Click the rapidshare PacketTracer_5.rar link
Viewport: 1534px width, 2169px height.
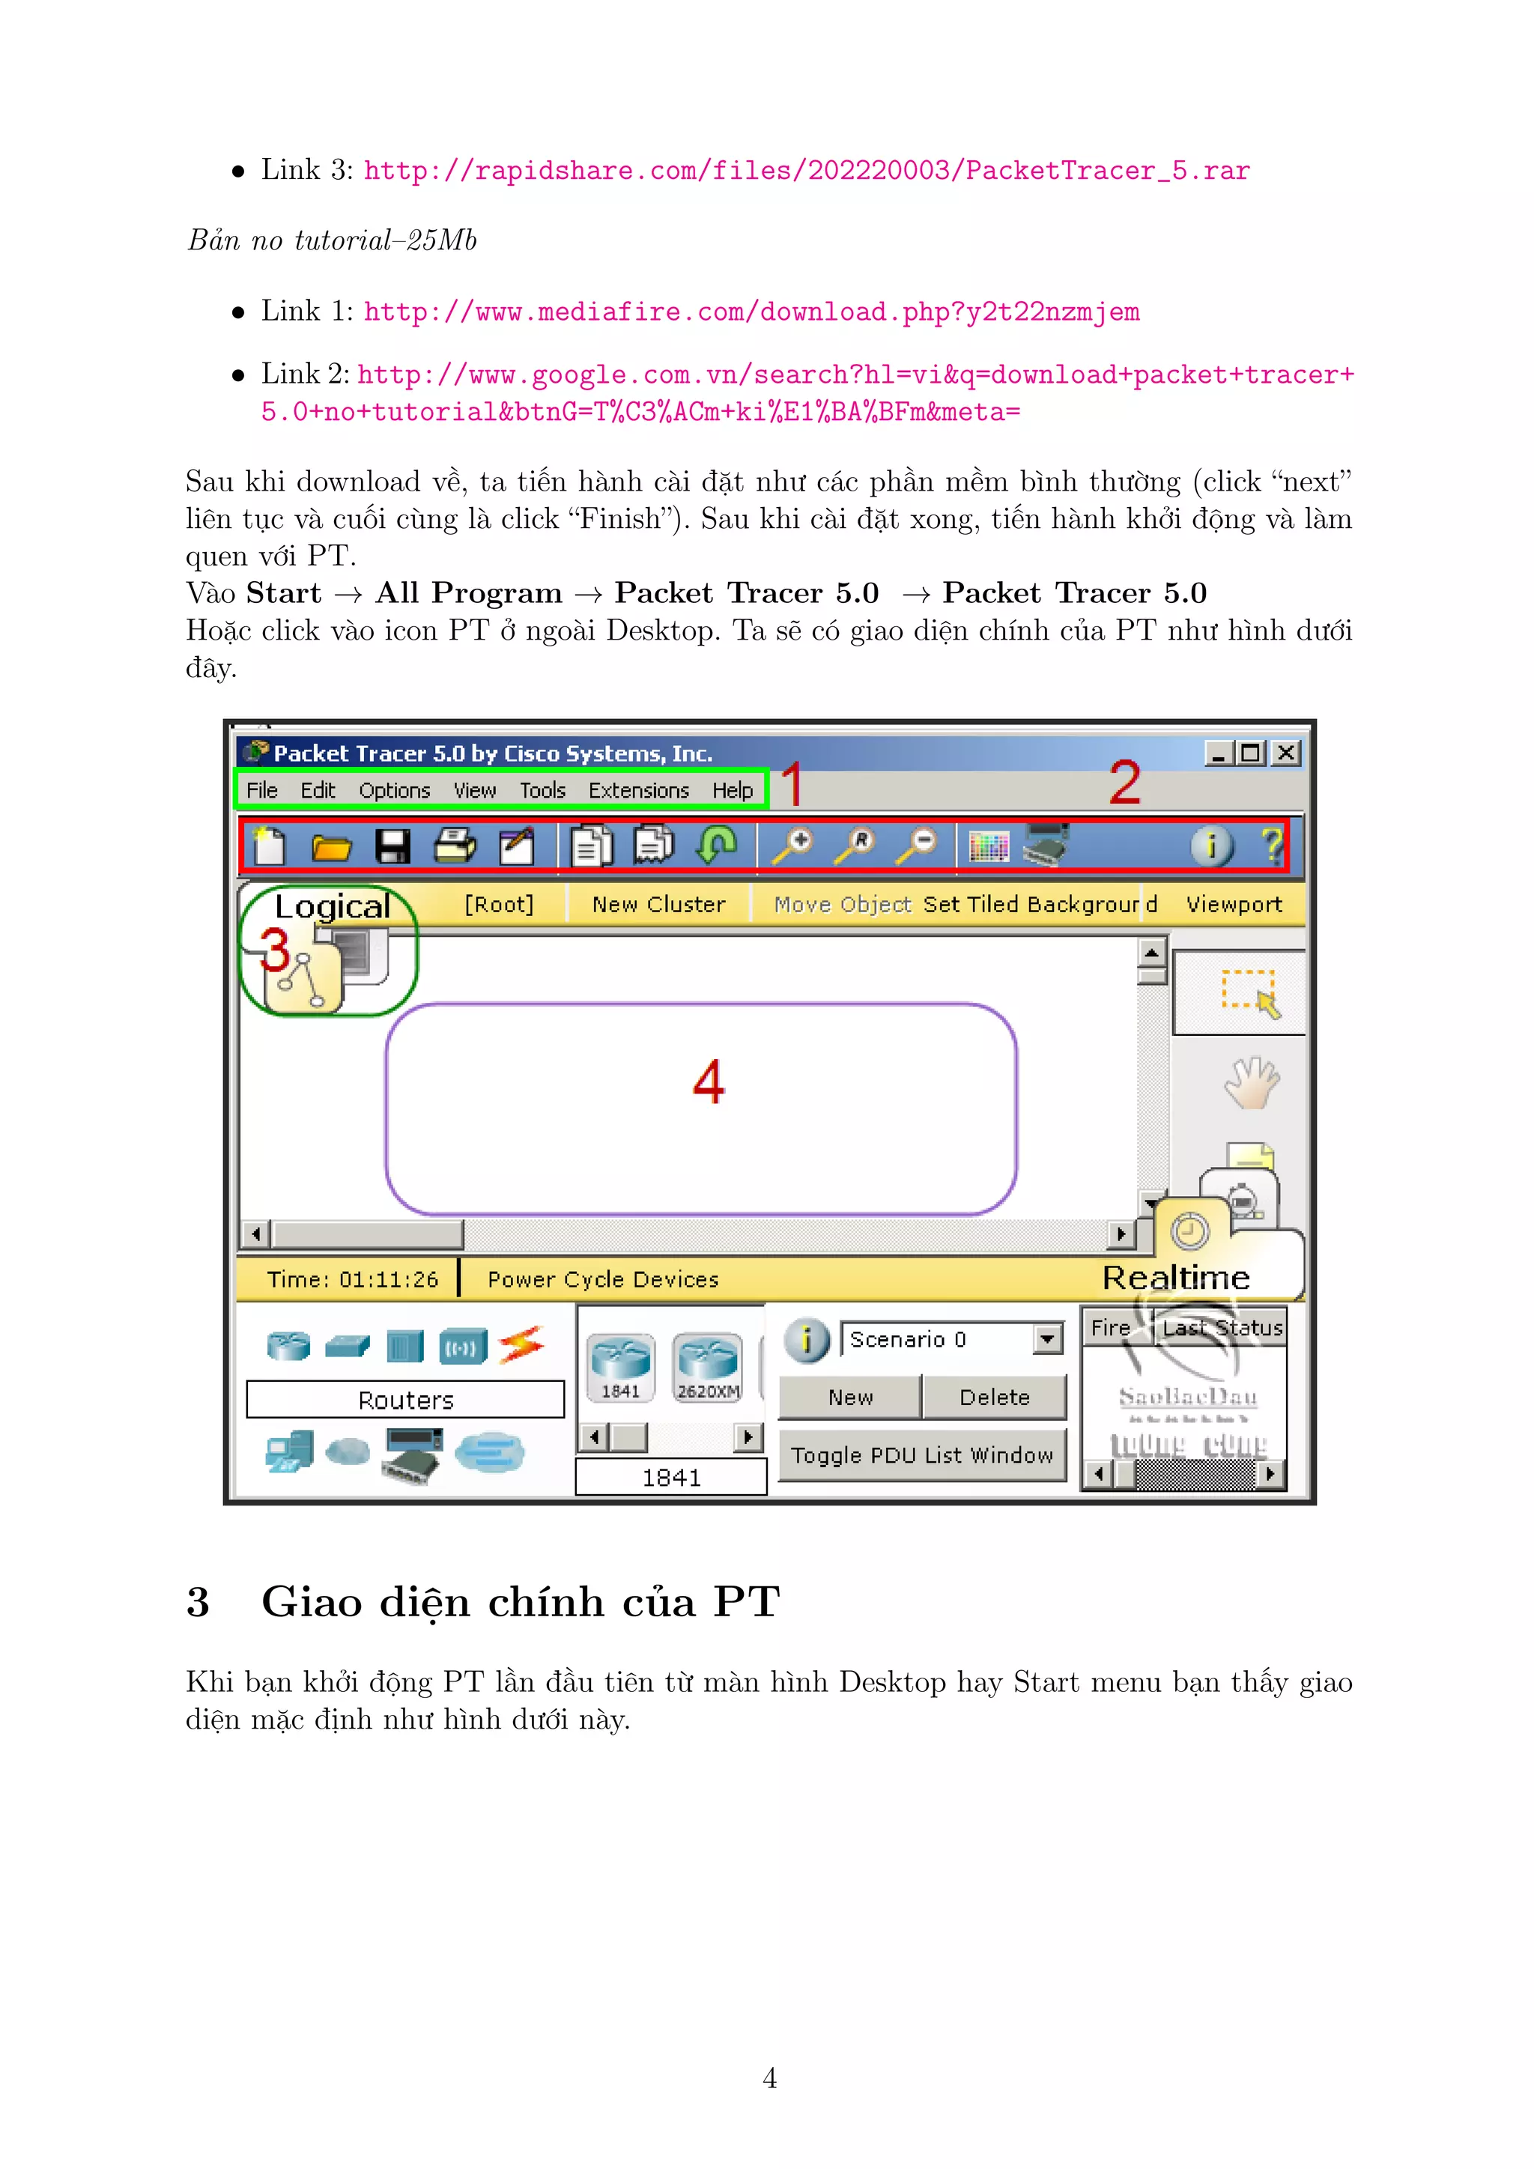(x=807, y=171)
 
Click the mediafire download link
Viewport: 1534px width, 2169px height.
(x=751, y=312)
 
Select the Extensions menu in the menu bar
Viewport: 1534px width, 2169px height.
(x=638, y=791)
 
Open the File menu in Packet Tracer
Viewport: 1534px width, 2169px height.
(x=261, y=791)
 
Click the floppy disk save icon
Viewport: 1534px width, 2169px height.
(x=392, y=846)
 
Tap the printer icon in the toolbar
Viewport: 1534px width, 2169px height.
(x=455, y=846)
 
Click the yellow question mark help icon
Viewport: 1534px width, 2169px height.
(x=1271, y=845)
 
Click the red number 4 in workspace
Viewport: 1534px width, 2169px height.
(x=709, y=1082)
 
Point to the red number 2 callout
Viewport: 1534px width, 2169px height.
(x=1125, y=783)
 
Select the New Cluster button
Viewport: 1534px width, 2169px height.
(x=658, y=905)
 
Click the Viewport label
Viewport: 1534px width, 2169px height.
(x=1234, y=905)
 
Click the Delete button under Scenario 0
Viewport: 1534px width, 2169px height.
(x=994, y=1397)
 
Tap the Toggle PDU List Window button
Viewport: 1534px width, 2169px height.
(x=922, y=1456)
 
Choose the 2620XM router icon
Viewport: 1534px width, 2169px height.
(x=708, y=1367)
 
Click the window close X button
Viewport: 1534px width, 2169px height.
(x=1285, y=753)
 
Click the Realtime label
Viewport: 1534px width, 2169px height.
(x=1176, y=1278)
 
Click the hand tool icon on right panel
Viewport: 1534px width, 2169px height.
(x=1251, y=1082)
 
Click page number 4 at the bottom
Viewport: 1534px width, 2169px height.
(x=769, y=2078)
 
